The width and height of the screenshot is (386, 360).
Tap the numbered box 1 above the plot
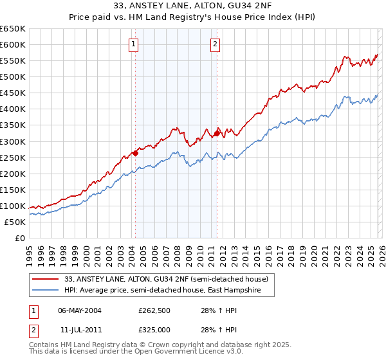click(x=133, y=44)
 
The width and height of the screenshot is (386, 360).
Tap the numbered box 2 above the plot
click(x=214, y=44)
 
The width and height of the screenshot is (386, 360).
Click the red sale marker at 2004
click(x=135, y=153)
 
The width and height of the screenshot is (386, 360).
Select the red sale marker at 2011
click(x=217, y=132)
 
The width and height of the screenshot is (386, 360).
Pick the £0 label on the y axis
click(x=19, y=238)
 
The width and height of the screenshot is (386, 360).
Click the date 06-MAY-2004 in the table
click(x=80, y=310)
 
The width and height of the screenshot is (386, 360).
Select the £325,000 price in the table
click(x=154, y=329)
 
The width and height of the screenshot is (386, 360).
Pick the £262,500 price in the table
click(x=154, y=310)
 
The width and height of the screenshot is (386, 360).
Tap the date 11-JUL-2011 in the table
click(x=80, y=329)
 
